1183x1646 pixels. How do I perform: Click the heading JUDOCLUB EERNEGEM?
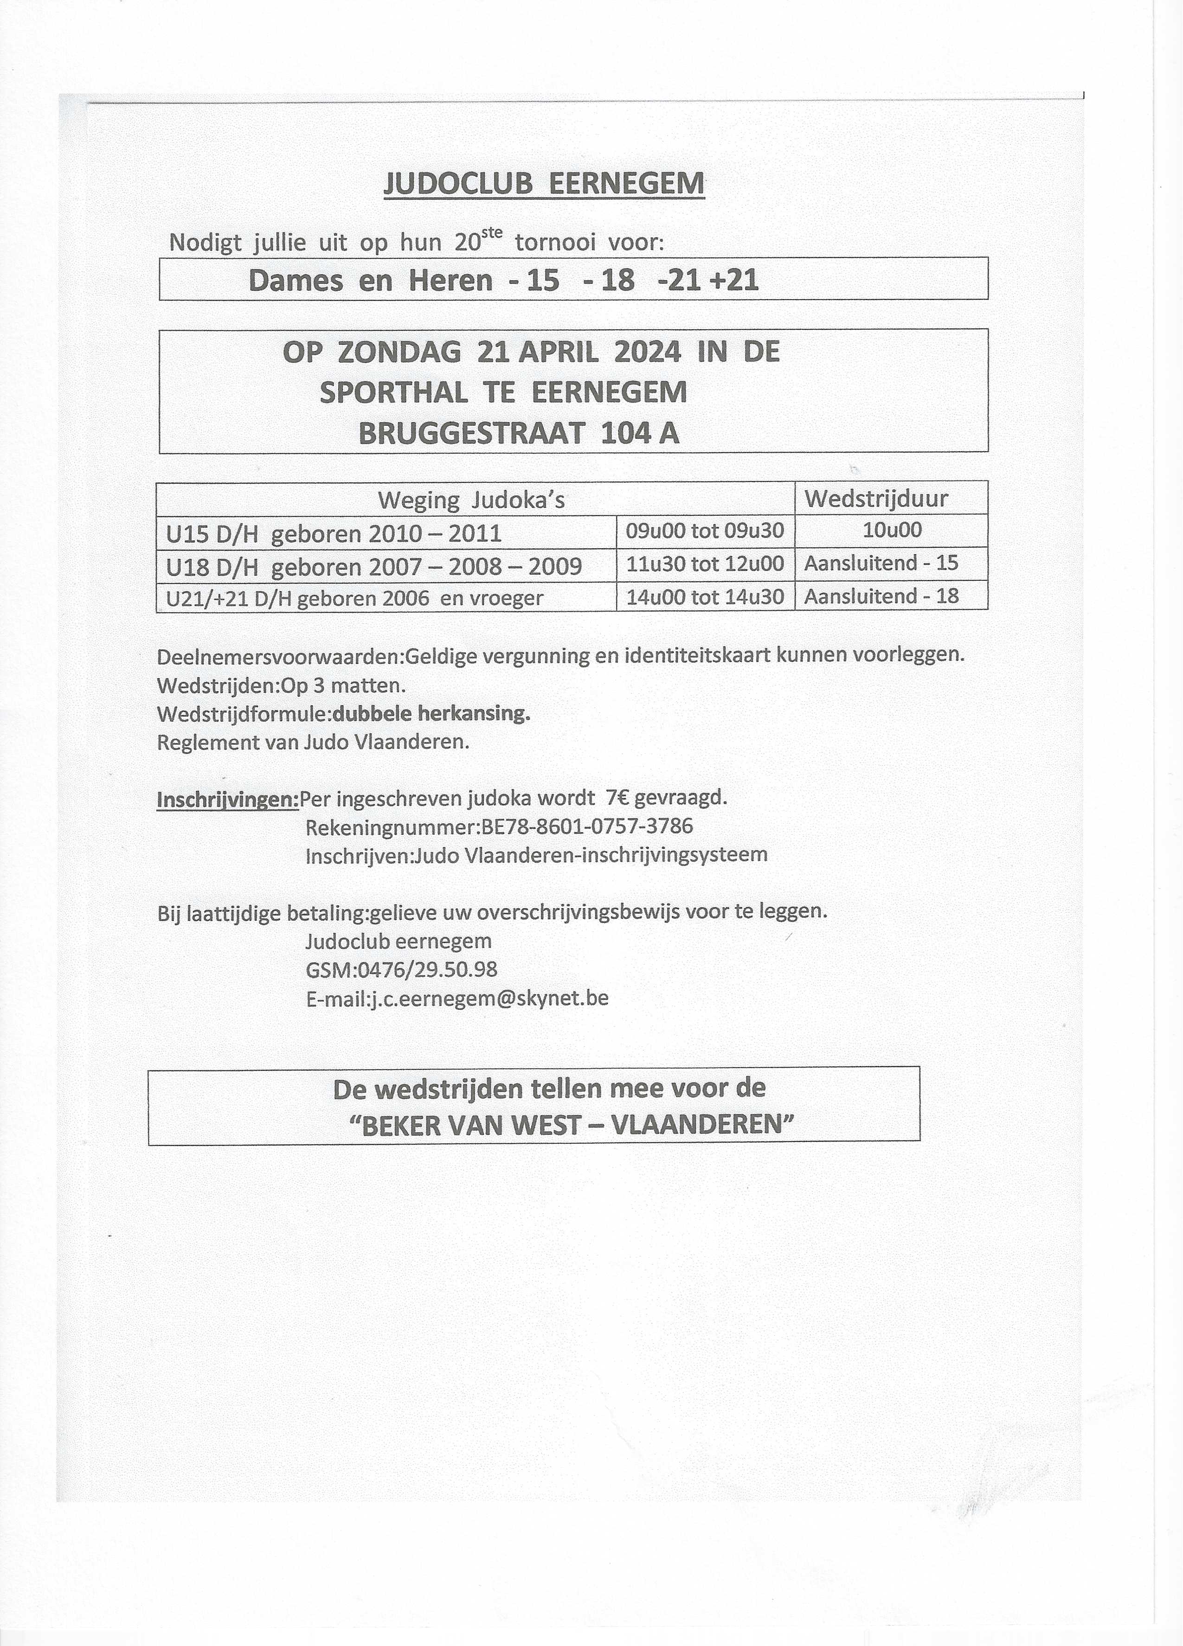(544, 184)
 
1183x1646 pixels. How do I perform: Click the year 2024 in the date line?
(647, 352)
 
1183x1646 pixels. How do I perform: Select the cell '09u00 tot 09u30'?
(705, 531)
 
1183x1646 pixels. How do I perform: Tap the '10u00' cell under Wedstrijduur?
(892, 529)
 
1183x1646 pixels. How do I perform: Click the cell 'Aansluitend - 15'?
(881, 563)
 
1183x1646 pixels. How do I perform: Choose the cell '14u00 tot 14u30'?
(705, 596)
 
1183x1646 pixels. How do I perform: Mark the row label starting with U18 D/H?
(374, 565)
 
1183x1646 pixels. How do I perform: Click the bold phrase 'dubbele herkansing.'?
(431, 713)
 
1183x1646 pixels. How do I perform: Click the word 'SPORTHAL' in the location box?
(393, 393)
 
